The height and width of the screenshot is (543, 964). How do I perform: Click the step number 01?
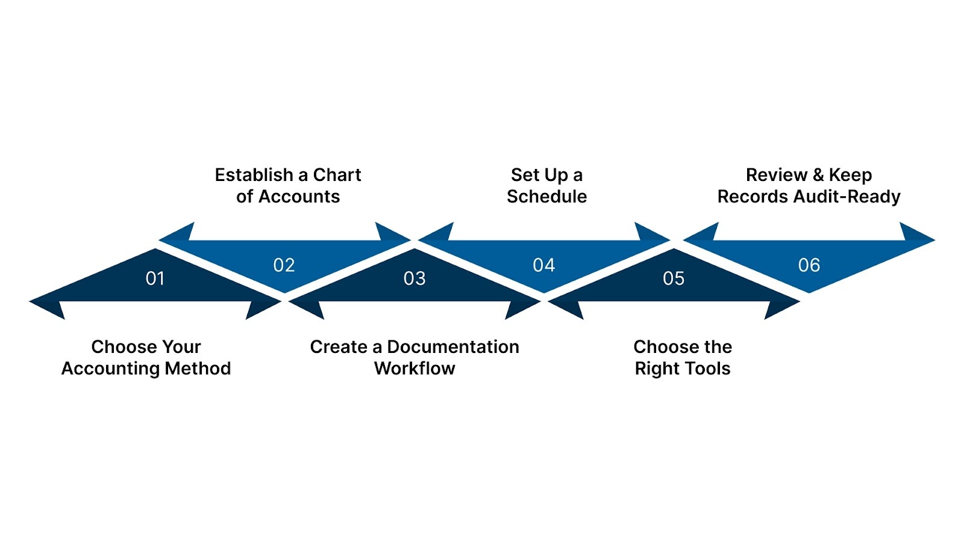coord(155,278)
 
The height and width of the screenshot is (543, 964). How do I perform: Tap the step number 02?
coord(284,265)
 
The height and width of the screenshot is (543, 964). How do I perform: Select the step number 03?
coord(415,278)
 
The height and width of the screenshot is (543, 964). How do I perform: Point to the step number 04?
coord(543,265)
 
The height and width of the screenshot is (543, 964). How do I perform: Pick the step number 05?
coord(674,278)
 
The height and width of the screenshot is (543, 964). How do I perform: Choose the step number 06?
coord(809,265)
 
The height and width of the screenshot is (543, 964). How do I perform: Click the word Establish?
coord(254,175)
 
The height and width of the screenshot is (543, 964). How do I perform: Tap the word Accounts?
coord(299,197)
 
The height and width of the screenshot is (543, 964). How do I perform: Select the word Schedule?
coord(546,197)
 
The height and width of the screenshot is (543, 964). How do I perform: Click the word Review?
coord(776,175)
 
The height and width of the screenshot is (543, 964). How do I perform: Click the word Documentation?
coord(452,347)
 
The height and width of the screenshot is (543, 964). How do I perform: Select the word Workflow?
coord(415,369)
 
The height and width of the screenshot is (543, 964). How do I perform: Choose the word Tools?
coord(707,369)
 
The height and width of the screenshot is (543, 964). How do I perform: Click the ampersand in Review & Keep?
coord(818,175)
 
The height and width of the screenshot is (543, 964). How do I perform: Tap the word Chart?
coord(337,175)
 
